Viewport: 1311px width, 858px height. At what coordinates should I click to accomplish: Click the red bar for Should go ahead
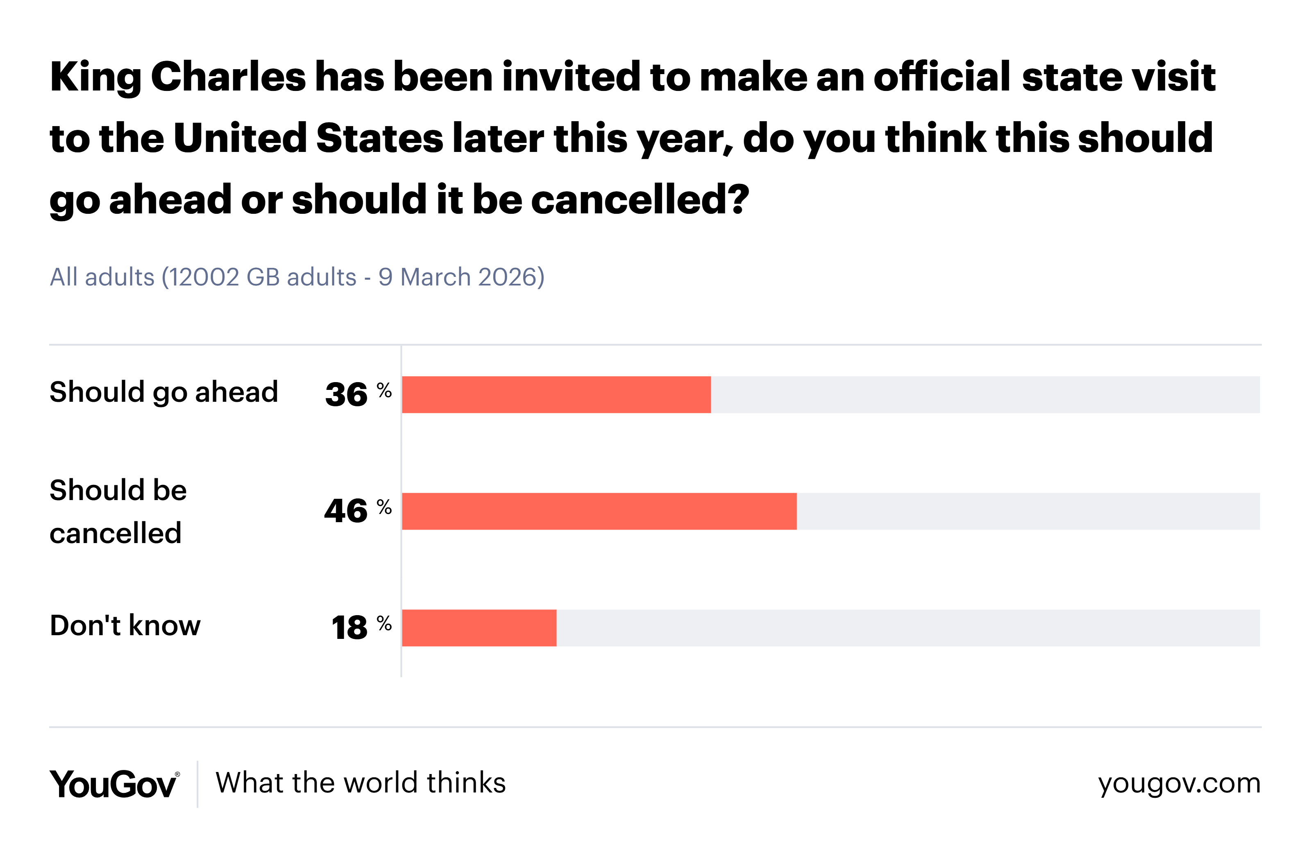(x=556, y=394)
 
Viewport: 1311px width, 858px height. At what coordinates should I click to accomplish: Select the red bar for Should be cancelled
(x=599, y=511)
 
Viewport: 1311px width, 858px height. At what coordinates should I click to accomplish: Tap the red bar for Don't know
(x=479, y=628)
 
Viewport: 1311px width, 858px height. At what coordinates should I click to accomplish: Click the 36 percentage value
(x=347, y=395)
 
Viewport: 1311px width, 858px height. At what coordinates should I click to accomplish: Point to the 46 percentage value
(x=346, y=511)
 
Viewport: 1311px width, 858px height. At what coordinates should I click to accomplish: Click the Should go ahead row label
(x=163, y=392)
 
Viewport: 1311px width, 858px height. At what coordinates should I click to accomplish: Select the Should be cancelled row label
(x=118, y=511)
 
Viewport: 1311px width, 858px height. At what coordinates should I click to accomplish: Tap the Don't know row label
(x=125, y=626)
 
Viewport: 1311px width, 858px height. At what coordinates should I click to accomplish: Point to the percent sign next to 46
(x=384, y=507)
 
